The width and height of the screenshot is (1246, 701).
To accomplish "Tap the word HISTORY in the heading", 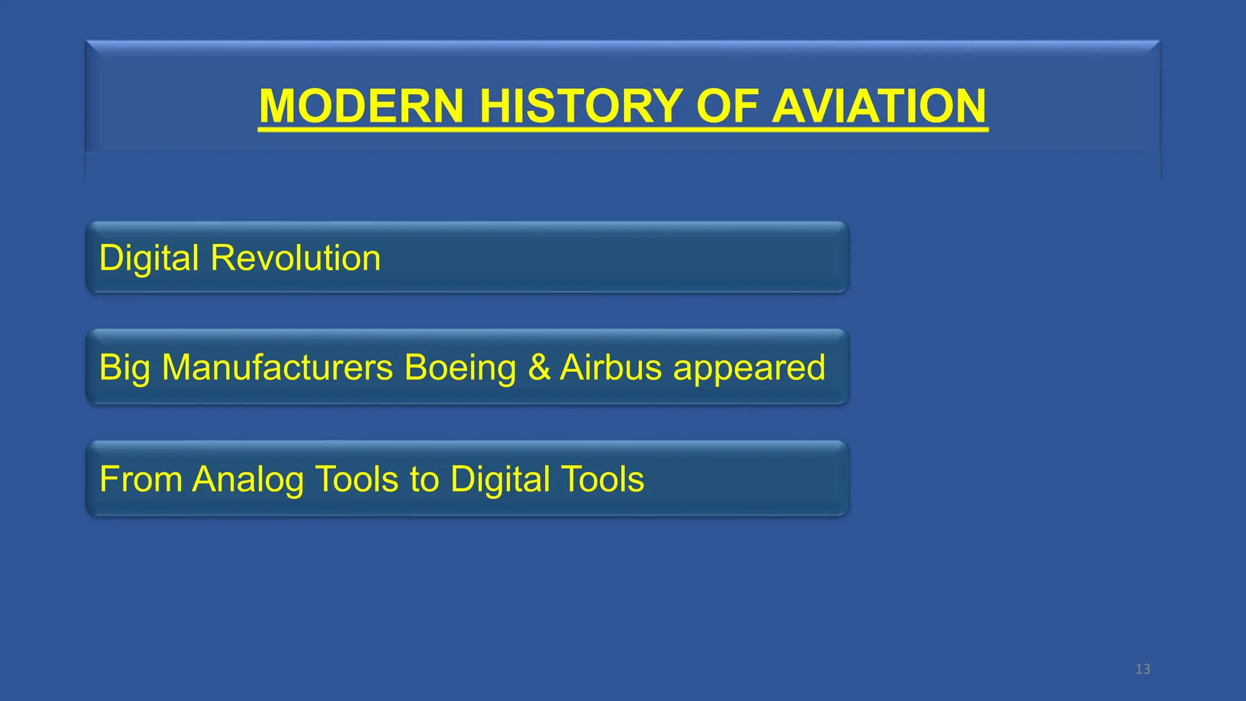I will (x=580, y=106).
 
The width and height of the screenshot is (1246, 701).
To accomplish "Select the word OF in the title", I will (x=726, y=106).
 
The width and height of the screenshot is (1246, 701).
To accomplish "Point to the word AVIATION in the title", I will (x=879, y=106).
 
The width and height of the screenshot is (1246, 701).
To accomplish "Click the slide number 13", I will (x=1143, y=669).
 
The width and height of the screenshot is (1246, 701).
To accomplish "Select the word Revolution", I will (x=296, y=258).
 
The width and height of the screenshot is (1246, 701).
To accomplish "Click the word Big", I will (x=124, y=369).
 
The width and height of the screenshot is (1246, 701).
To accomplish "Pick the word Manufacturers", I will (x=277, y=368).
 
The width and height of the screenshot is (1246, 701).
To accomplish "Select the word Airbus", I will (x=610, y=368).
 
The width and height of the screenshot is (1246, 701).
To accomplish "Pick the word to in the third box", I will (x=424, y=480).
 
